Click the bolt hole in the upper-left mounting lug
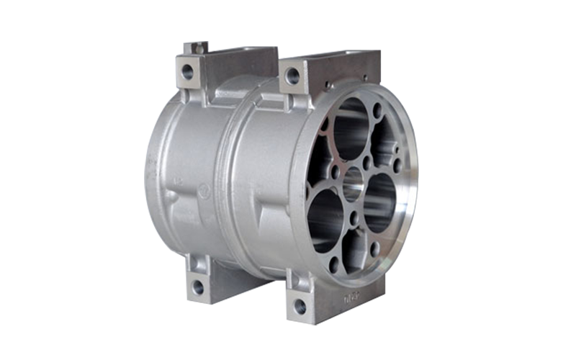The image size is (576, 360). [x=187, y=71]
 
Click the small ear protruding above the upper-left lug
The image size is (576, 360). [x=196, y=48]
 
